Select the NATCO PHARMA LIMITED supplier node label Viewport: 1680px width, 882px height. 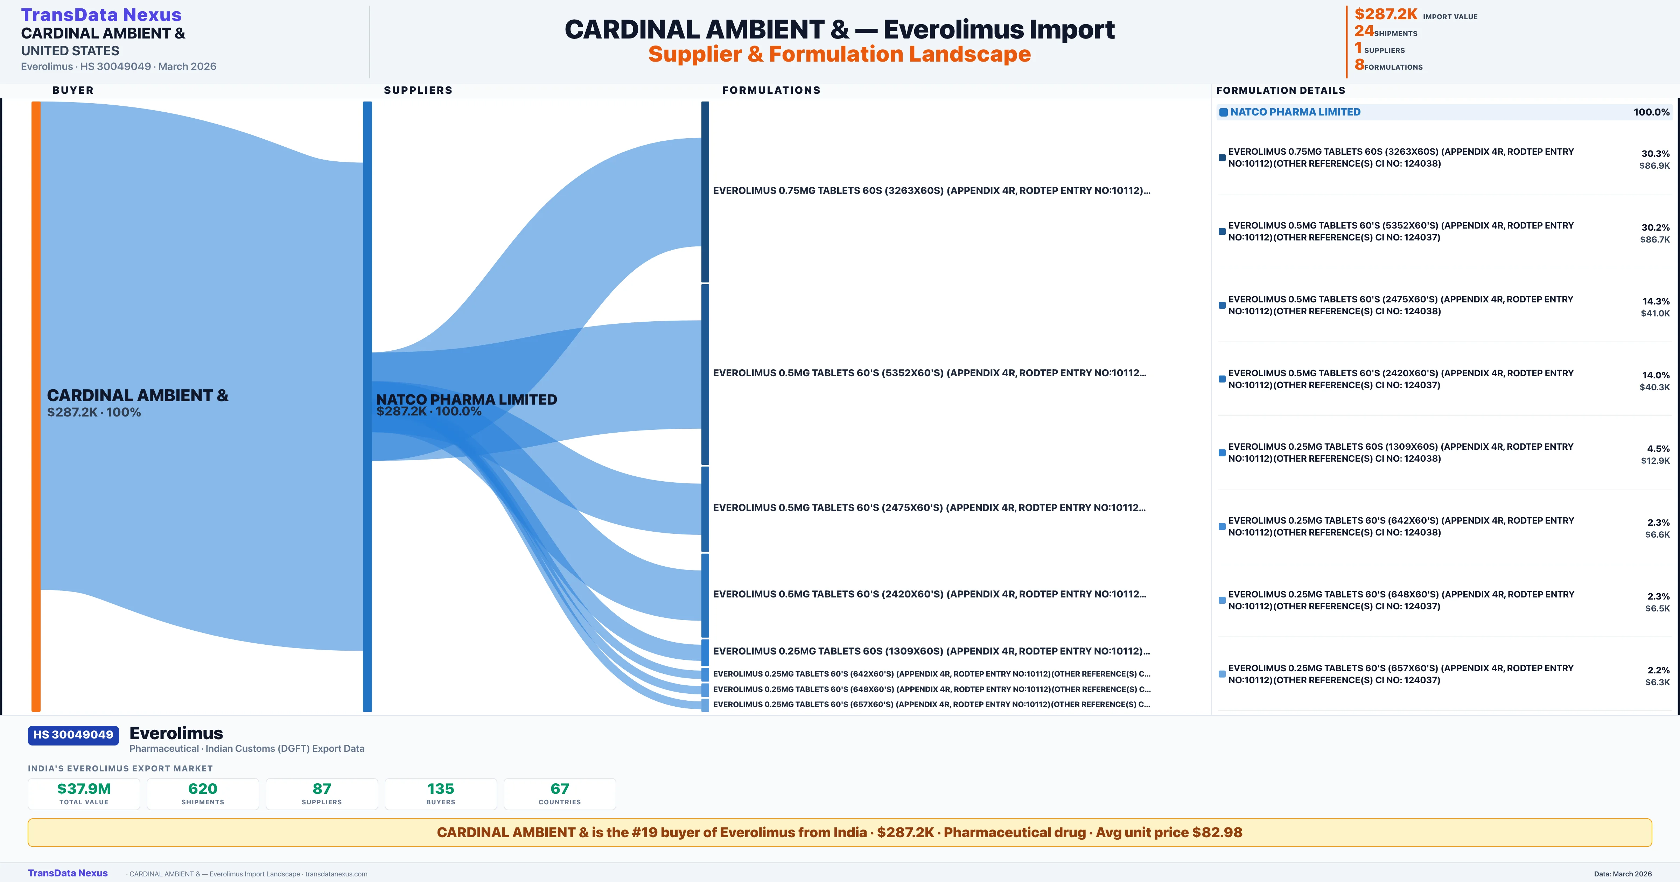(466, 399)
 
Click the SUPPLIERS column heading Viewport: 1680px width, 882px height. (418, 90)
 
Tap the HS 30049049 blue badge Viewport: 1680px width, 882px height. (73, 735)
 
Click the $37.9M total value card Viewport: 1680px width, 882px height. (84, 793)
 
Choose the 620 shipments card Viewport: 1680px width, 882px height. (203, 793)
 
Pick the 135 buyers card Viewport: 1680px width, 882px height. (441, 793)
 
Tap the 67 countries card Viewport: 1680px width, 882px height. (560, 793)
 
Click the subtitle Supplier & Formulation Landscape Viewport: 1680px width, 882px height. (839, 54)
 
